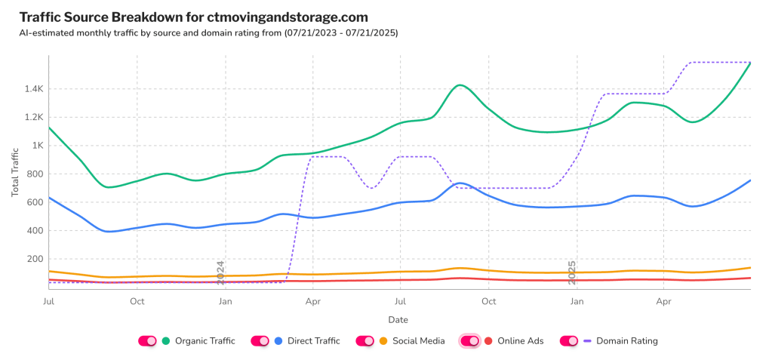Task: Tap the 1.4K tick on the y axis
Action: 32,89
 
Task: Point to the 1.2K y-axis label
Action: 32,118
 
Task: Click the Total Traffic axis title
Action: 15,173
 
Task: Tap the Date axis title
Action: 398,320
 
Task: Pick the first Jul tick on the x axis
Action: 48,302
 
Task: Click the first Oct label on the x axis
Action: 137,302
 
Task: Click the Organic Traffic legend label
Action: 205,341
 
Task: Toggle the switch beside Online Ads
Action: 469,341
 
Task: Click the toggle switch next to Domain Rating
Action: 568,341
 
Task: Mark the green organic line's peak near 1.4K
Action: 460,85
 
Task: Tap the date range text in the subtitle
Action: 341,33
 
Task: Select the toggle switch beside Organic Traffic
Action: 147,341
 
